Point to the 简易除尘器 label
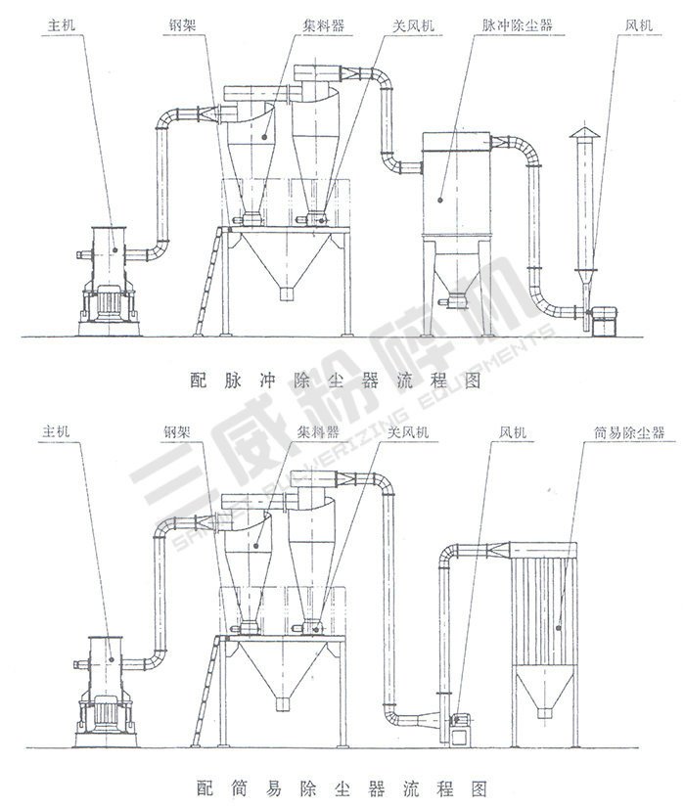click(x=615, y=431)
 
